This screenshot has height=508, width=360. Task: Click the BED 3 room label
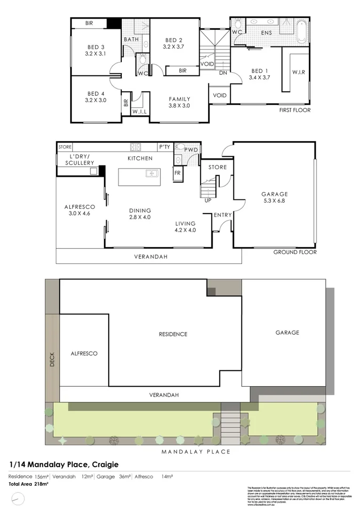coord(96,47)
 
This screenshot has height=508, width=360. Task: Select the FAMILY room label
coord(180,99)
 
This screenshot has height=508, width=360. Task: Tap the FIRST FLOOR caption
coord(295,110)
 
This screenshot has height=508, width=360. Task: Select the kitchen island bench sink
coord(152,174)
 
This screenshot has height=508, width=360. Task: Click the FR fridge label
coord(177,173)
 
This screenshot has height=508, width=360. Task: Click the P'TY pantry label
coord(164,147)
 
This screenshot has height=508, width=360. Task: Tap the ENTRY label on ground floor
coord(223,215)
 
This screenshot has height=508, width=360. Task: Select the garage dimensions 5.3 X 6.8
coord(275,201)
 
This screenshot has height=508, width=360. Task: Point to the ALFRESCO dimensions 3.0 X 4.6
coord(80,214)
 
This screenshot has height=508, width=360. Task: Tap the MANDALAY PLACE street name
coord(196,452)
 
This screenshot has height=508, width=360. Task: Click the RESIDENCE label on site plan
coord(172,334)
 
